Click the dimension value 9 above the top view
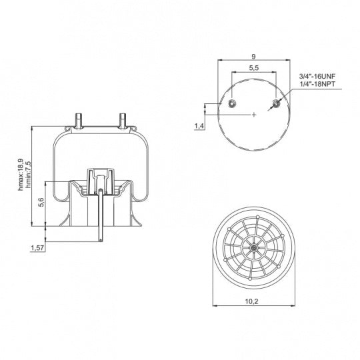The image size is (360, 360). [255, 57]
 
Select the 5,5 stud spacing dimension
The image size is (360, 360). [255, 69]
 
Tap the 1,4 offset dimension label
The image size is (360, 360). [199, 126]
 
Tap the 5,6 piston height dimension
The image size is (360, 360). [41, 203]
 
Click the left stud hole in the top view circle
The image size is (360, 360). [232, 103]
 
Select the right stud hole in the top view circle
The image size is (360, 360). [277, 103]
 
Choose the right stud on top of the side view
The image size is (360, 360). [121, 119]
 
